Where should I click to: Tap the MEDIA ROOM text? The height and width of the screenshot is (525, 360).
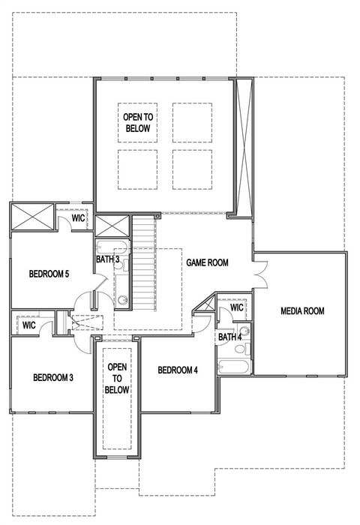(x=302, y=310)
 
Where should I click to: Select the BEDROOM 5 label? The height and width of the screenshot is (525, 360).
(x=49, y=274)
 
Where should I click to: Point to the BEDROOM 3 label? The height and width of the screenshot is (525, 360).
(x=52, y=377)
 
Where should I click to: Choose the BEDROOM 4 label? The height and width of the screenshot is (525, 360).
(x=178, y=370)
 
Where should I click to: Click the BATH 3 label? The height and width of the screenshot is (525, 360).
(x=108, y=259)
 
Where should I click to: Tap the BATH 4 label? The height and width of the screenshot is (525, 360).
(x=229, y=337)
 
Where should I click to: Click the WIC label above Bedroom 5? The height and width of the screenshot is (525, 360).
(x=79, y=218)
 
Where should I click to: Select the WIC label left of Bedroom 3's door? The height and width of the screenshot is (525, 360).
(x=29, y=325)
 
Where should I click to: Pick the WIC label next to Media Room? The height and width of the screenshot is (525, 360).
(x=237, y=307)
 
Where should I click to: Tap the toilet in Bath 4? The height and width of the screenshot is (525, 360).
(x=244, y=332)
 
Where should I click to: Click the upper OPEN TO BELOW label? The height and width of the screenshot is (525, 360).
(x=138, y=124)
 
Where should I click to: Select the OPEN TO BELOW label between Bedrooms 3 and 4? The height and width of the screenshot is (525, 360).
(x=118, y=379)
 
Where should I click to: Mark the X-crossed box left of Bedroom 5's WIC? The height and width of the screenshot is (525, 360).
(x=31, y=217)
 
